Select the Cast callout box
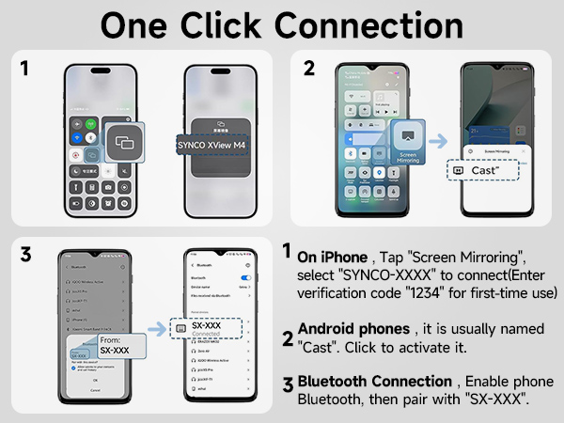(x=484, y=171)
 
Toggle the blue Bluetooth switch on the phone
(x=247, y=279)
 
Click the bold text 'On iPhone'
(x=330, y=257)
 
